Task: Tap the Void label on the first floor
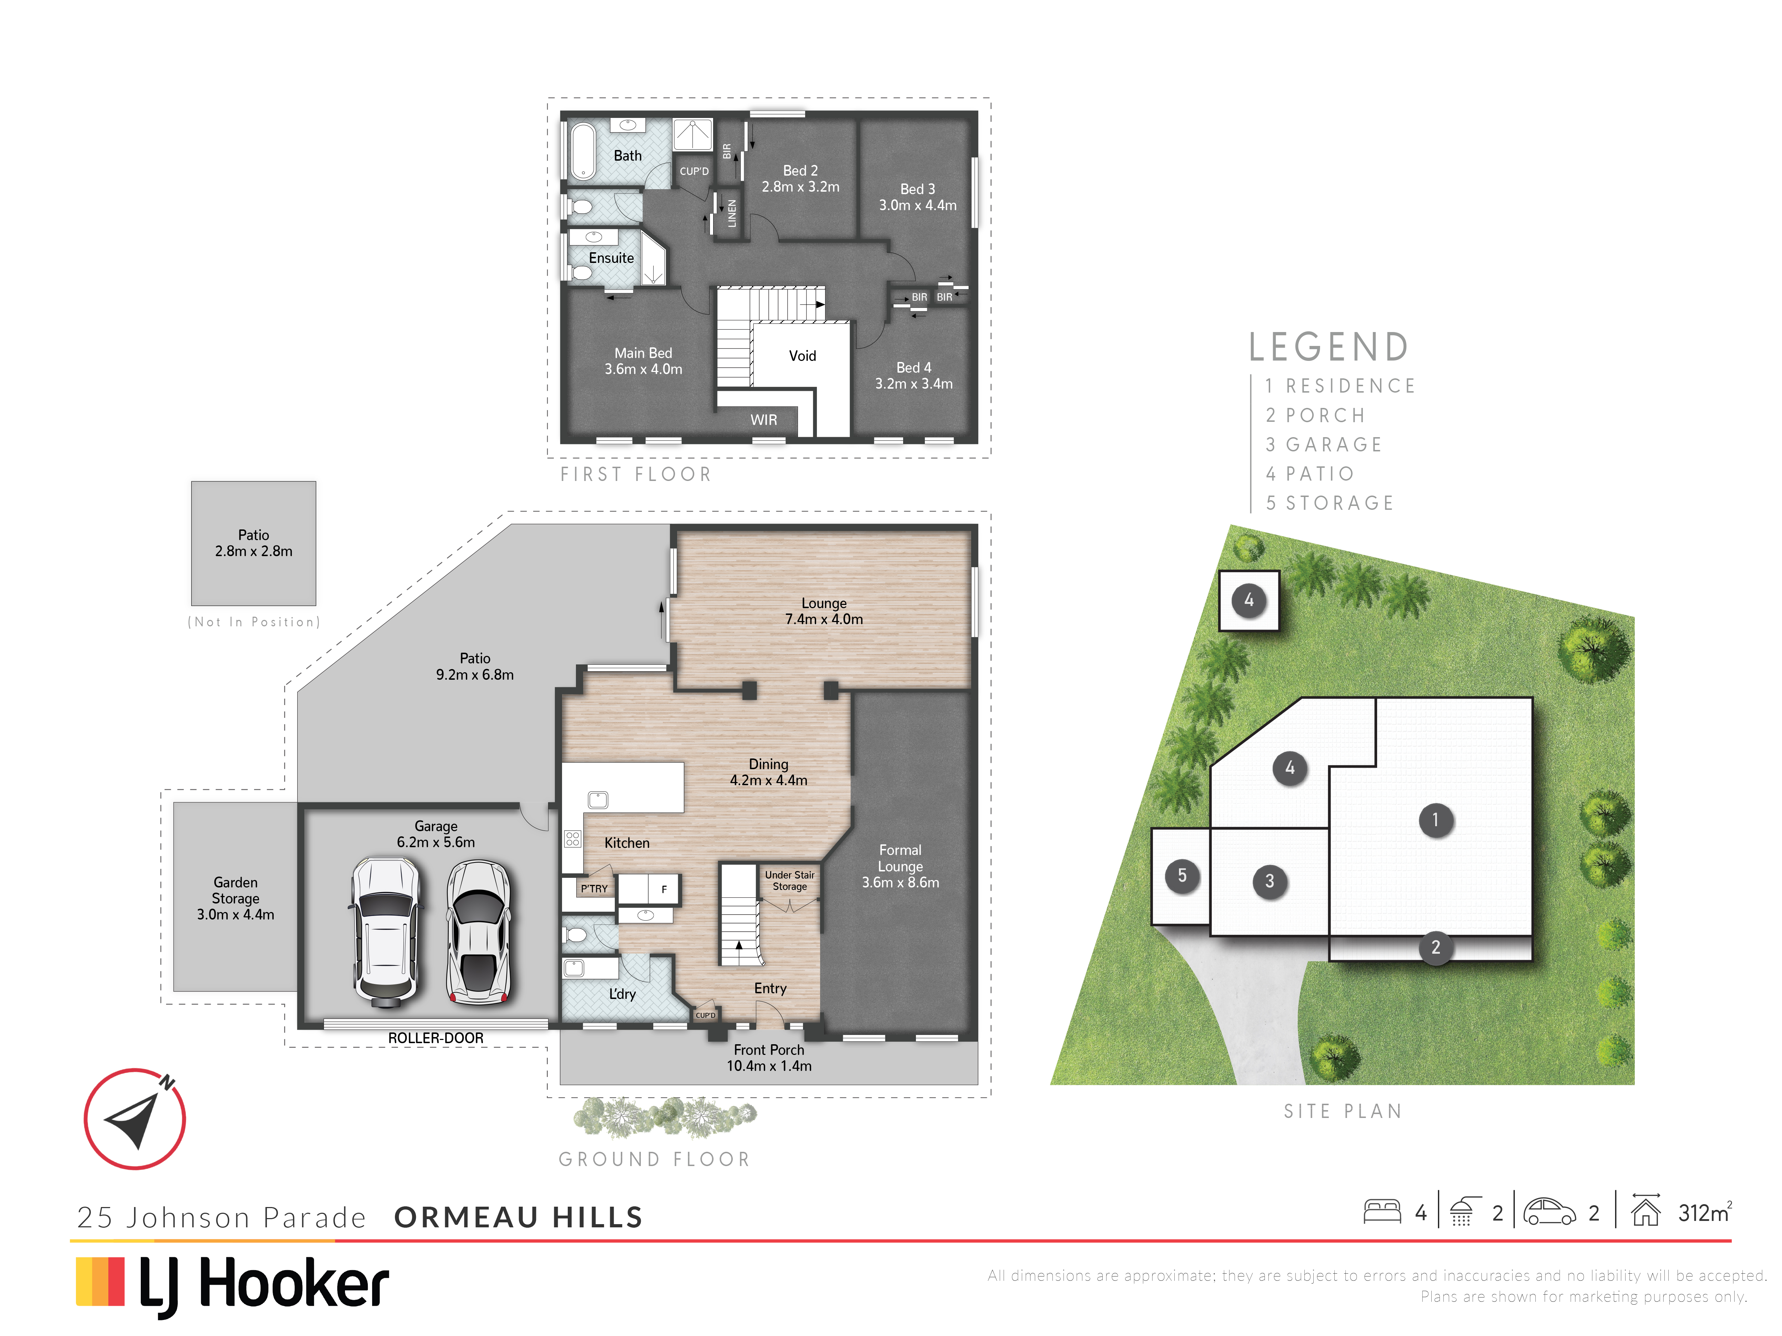click(x=802, y=356)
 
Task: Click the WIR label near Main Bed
click(x=764, y=420)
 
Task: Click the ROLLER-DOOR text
click(x=436, y=1038)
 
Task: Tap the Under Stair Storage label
click(x=789, y=880)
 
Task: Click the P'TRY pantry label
click(x=594, y=888)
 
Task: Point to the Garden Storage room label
click(x=235, y=898)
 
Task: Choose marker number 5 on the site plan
click(x=1182, y=875)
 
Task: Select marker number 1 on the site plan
click(x=1435, y=820)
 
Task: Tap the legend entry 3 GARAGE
click(x=1324, y=445)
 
